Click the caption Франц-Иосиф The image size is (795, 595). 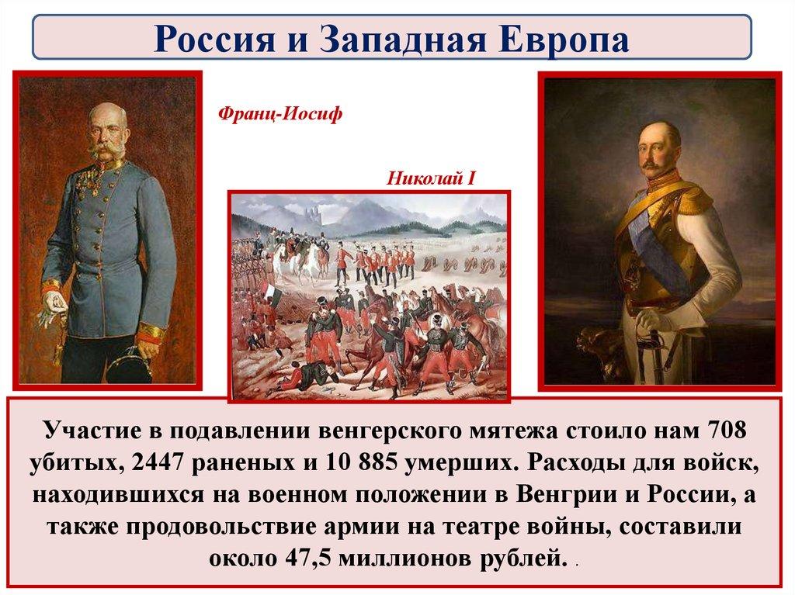[279, 114]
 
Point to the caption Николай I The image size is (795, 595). [431, 178]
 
